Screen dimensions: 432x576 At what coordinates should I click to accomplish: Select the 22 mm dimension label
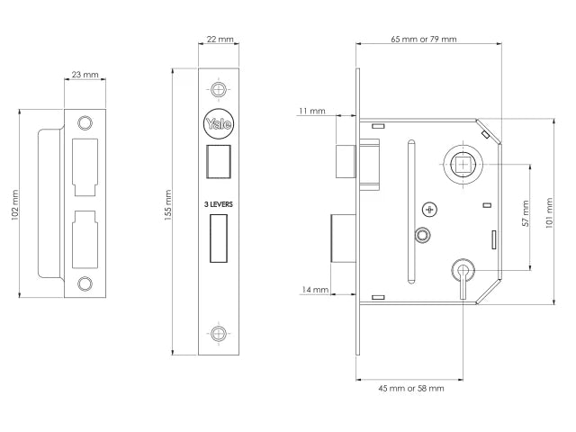pos(219,40)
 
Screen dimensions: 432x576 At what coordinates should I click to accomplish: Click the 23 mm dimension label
pos(85,74)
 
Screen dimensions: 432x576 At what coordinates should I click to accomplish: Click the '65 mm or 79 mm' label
pos(424,40)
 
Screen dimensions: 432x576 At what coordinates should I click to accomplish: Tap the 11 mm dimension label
pos(312,111)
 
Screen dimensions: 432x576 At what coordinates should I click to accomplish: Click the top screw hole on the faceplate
pos(218,89)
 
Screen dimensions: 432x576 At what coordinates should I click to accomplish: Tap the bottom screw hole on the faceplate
pos(218,333)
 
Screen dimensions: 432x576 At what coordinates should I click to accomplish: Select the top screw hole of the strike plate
pos(85,122)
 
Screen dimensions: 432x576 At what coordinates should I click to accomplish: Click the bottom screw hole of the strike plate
pos(85,284)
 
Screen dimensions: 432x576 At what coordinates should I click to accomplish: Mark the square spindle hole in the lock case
pos(463,165)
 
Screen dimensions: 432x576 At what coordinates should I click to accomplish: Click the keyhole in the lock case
pos(463,271)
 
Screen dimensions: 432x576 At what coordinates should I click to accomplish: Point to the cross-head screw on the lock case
pos(429,210)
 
